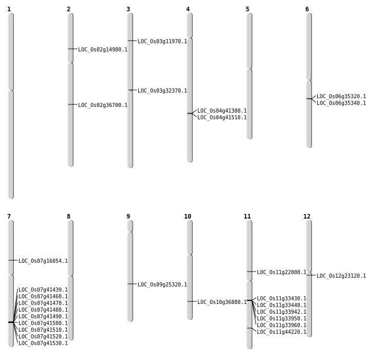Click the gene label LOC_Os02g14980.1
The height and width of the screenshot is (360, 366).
pyautogui.click(x=102, y=50)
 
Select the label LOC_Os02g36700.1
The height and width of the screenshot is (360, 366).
pyautogui.click(x=102, y=105)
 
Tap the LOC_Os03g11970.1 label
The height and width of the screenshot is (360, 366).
pyautogui.click(x=162, y=42)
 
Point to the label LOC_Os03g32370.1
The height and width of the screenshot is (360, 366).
pyautogui.click(x=162, y=91)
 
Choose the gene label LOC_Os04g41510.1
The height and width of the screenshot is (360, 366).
pyautogui.click(x=222, y=118)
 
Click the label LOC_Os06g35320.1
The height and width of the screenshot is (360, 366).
pyautogui.click(x=341, y=97)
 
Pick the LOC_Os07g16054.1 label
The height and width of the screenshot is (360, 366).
pyautogui.click(x=43, y=261)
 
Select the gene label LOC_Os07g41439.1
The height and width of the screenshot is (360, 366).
pyautogui.click(x=43, y=290)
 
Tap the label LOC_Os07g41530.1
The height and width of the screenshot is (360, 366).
pyautogui.click(x=43, y=344)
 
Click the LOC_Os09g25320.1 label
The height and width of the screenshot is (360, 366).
pyautogui.click(x=162, y=285)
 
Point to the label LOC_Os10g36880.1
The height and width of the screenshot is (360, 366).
pyautogui.click(x=222, y=302)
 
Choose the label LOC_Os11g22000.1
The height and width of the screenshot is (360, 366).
pyautogui.click(x=281, y=273)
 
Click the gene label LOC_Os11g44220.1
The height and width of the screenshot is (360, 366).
pyautogui.click(x=281, y=332)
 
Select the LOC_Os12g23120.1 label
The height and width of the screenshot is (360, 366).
pyautogui.click(x=341, y=276)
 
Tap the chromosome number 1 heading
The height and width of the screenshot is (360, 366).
pyautogui.click(x=9, y=9)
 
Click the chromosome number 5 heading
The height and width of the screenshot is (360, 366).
pyautogui.click(x=247, y=9)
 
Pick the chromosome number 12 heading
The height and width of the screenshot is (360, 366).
pyautogui.click(x=307, y=217)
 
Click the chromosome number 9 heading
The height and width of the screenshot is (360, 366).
pyautogui.click(x=128, y=217)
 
